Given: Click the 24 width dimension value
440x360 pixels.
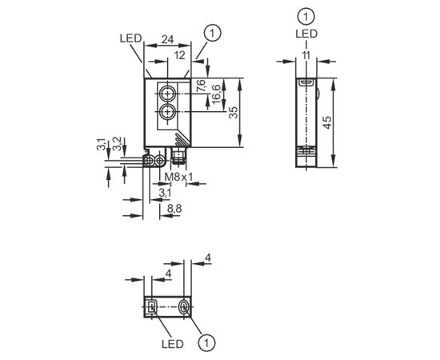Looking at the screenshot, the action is (167, 39).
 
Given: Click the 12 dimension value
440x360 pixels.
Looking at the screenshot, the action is (179, 55).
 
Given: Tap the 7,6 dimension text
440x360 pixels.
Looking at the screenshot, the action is (201, 86).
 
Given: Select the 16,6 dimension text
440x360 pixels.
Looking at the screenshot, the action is (217, 94).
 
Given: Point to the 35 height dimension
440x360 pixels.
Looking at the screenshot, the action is (233, 113).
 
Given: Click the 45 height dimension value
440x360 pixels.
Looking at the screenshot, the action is (326, 122).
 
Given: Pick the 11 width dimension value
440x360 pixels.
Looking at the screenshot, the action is (306, 55).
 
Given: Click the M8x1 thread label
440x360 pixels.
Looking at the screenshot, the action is (178, 177).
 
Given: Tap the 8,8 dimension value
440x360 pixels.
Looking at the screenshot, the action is (174, 209).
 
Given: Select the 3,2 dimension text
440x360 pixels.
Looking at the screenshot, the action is (117, 144).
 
